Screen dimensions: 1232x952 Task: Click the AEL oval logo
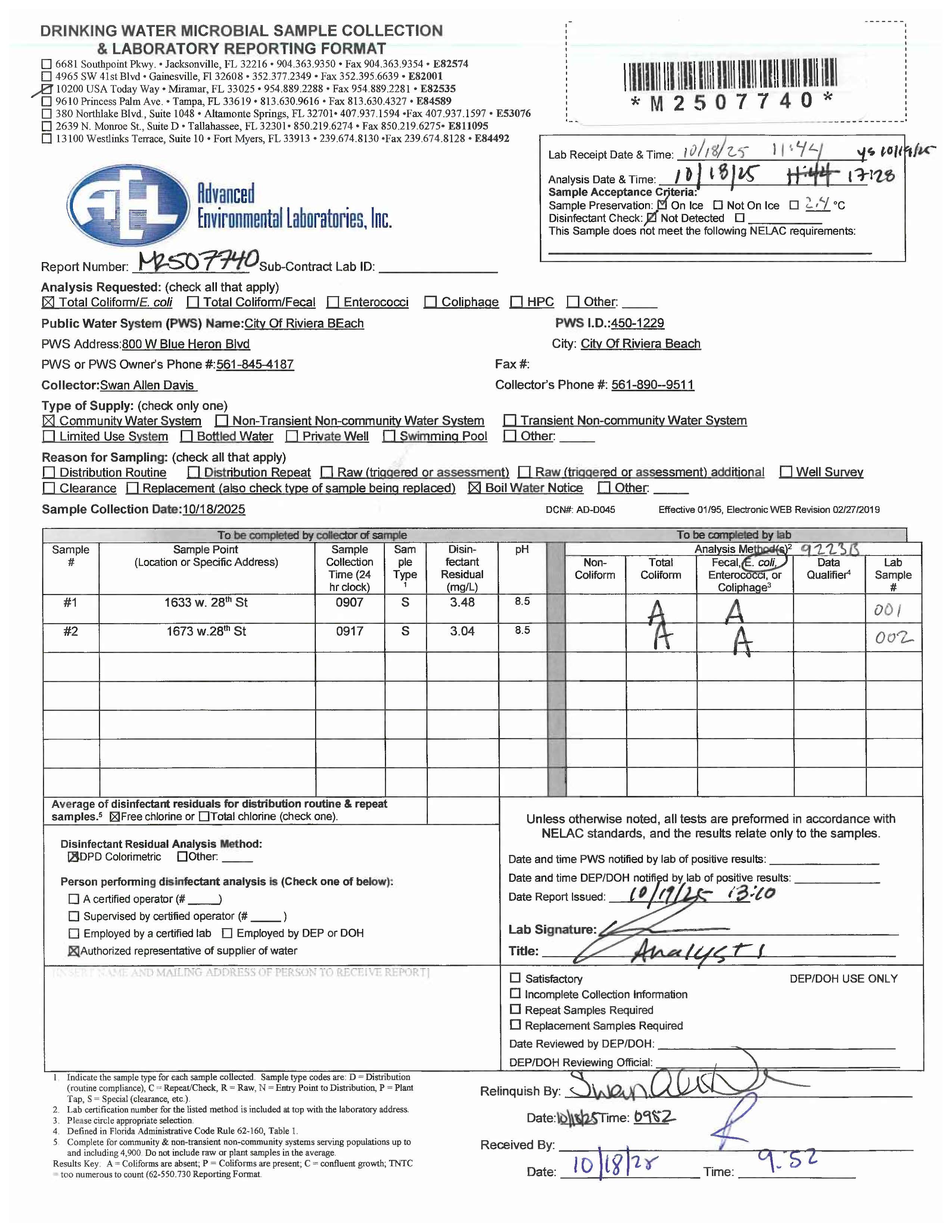pos(128,205)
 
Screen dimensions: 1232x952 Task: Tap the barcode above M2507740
pos(730,75)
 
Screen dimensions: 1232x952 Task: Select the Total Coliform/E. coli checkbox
pos(49,302)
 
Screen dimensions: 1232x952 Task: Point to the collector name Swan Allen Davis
pos(148,385)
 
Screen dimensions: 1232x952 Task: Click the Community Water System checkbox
pos(49,421)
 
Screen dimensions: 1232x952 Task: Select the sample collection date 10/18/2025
pos(214,509)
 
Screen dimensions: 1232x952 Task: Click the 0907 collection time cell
pos(350,603)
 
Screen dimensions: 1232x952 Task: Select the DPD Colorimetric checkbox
pos(73,857)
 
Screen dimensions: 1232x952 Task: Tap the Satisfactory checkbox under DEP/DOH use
pos(515,978)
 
